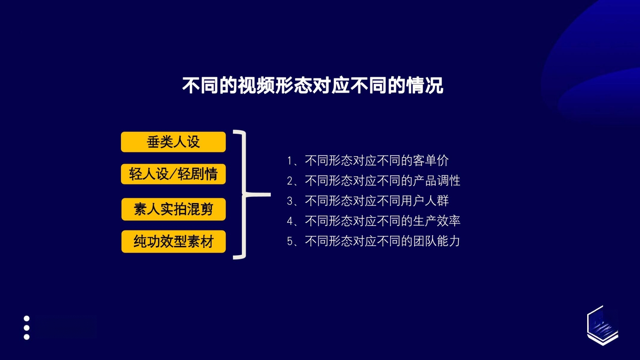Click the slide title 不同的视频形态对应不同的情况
(x=313, y=85)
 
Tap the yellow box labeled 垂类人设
(x=173, y=142)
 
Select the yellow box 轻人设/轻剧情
(x=173, y=174)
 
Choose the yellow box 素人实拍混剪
(x=173, y=209)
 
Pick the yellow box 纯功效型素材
(x=173, y=242)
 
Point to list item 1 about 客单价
(x=368, y=161)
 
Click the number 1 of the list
(x=290, y=161)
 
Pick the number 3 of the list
(x=290, y=201)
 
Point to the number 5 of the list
(x=290, y=241)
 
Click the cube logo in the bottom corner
(x=602, y=325)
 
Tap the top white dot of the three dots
(x=27, y=318)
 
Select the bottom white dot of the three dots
(x=27, y=337)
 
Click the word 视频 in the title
(x=256, y=85)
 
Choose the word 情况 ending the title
(x=425, y=85)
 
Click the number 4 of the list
(x=290, y=221)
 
